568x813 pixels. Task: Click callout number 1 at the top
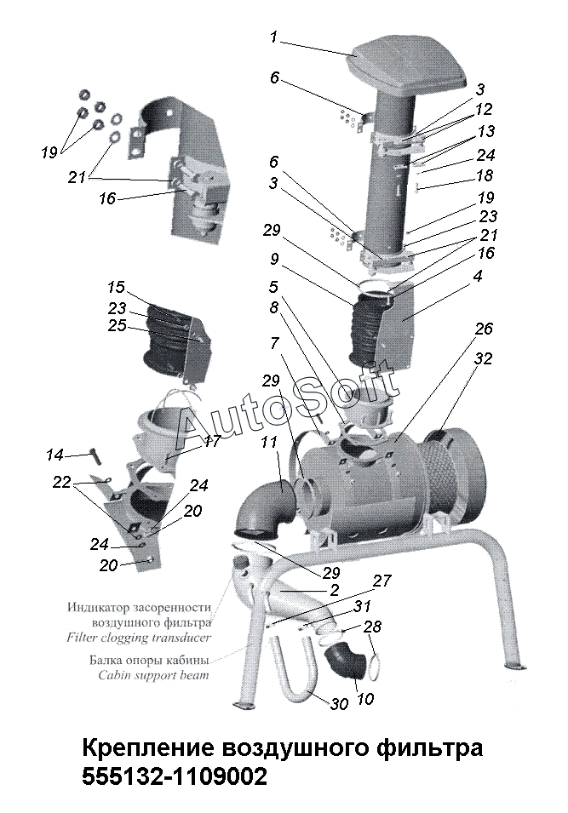[x=273, y=37]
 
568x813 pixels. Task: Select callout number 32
[x=482, y=358]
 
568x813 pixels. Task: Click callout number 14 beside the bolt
[x=55, y=455]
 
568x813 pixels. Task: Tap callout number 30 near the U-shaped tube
[x=339, y=703]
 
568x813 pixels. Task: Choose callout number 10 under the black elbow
[x=365, y=698]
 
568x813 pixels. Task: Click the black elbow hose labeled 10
[x=346, y=664]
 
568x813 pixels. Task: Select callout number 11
[x=269, y=442]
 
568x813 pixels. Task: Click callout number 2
[x=334, y=589]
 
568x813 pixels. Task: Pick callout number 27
[x=382, y=581]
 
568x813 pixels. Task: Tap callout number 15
[x=116, y=287]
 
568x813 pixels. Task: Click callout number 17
[x=212, y=441]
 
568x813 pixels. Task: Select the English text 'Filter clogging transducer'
[x=139, y=637]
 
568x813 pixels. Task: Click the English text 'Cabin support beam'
[x=153, y=675]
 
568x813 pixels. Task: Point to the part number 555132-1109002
[x=175, y=776]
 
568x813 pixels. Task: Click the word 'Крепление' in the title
[x=148, y=748]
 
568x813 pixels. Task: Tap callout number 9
[x=274, y=258]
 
